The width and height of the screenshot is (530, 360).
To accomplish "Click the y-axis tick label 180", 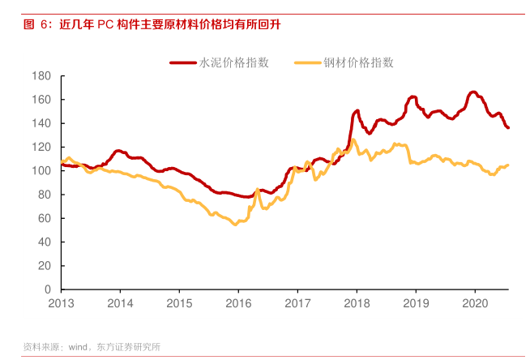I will pos(43,76).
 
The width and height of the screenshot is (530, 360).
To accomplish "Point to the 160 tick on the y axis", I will pos(43,100).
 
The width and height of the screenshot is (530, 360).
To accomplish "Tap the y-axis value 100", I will pos(43,171).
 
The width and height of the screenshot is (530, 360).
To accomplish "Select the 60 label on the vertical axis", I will pos(45,218).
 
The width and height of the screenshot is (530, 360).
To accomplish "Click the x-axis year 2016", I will pos(238,303).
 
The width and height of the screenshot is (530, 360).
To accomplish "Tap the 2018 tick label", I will pos(357,303).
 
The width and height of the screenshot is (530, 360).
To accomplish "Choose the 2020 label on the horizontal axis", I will pos(474,303).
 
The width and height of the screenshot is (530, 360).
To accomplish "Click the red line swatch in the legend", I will pos(184,62).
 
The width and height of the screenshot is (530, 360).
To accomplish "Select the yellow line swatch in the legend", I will pos(308,62).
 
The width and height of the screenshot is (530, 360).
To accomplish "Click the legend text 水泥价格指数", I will pos(234,62).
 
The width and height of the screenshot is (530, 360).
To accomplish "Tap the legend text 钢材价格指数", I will pos(359,62).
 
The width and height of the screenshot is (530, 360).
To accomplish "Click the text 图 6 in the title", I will pos(37,24).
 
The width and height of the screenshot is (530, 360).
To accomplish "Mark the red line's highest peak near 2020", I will pos(473,92).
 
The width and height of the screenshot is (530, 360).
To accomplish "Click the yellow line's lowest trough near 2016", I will pos(235,224).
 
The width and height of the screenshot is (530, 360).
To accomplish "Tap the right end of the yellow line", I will pos(508,165).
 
